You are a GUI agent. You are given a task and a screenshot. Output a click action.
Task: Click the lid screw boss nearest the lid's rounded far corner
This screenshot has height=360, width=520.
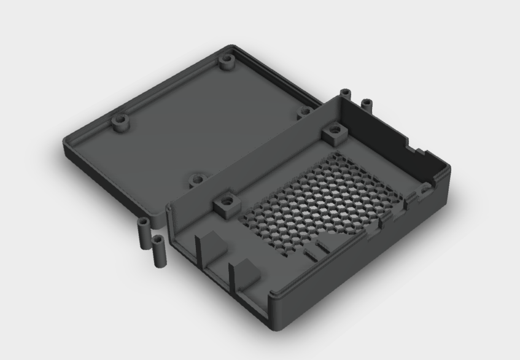coord(228,62)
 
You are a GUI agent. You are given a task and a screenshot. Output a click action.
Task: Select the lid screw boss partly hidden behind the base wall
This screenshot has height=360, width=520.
coord(305,112)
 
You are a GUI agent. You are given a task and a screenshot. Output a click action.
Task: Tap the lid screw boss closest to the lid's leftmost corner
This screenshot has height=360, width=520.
coord(121,122)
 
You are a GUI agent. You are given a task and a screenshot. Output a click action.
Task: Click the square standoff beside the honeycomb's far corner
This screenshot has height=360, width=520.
coord(334,131)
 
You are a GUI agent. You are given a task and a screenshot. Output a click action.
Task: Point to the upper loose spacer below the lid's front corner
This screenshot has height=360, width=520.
coord(144,230)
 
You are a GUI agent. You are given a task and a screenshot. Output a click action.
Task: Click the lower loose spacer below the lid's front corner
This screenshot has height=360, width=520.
coord(160,250)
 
